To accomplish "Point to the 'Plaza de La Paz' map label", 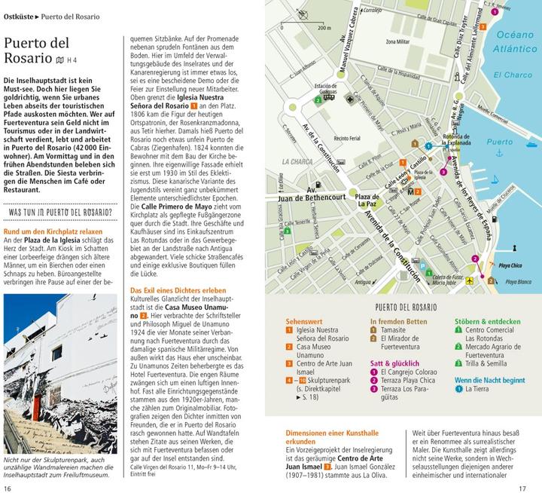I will (367, 200).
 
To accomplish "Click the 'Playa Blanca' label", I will (516, 281).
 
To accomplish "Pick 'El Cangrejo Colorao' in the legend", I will (409, 371).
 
